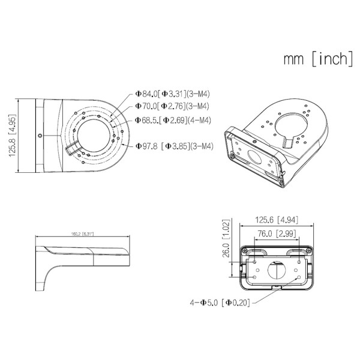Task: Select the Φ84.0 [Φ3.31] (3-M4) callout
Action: pyautogui.click(x=172, y=94)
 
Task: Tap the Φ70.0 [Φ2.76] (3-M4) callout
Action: pyautogui.click(x=172, y=106)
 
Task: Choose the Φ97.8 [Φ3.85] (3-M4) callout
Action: pyautogui.click(x=175, y=145)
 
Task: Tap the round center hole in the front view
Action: pyautogui.click(x=276, y=271)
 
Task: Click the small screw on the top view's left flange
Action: pyautogui.click(x=39, y=136)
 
